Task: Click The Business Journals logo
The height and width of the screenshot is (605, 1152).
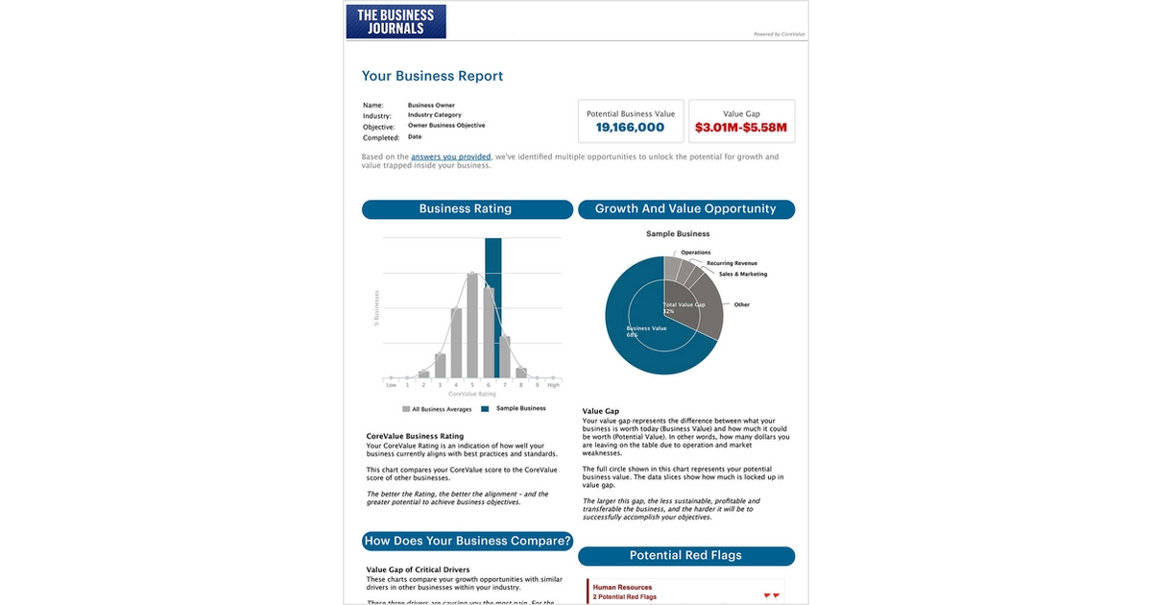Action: click(x=396, y=21)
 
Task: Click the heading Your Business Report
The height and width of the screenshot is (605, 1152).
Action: click(x=432, y=76)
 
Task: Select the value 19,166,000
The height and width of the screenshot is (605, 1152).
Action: click(x=630, y=127)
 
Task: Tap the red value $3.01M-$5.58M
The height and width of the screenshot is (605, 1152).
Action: click(x=741, y=127)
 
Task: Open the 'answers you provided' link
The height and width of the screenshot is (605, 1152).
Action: click(x=450, y=157)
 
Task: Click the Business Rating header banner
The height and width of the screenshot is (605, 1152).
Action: click(x=465, y=208)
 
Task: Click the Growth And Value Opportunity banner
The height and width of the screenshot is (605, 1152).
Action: click(x=685, y=208)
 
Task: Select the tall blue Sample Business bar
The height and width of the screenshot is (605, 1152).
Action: click(x=492, y=307)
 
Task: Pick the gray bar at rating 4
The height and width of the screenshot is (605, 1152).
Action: click(x=457, y=343)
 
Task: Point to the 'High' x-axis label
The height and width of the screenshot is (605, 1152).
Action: click(x=553, y=385)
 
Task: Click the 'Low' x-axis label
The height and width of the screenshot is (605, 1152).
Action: click(x=391, y=385)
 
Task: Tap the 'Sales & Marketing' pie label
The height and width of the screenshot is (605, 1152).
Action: click(x=742, y=274)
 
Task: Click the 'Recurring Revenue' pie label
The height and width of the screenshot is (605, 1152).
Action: click(x=732, y=262)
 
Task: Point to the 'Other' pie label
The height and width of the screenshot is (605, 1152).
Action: click(x=741, y=304)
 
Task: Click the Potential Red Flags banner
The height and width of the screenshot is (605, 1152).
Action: click(x=685, y=555)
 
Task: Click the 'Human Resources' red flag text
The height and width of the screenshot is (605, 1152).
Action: click(x=622, y=587)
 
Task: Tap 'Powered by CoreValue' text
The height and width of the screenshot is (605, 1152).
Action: click(x=778, y=34)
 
